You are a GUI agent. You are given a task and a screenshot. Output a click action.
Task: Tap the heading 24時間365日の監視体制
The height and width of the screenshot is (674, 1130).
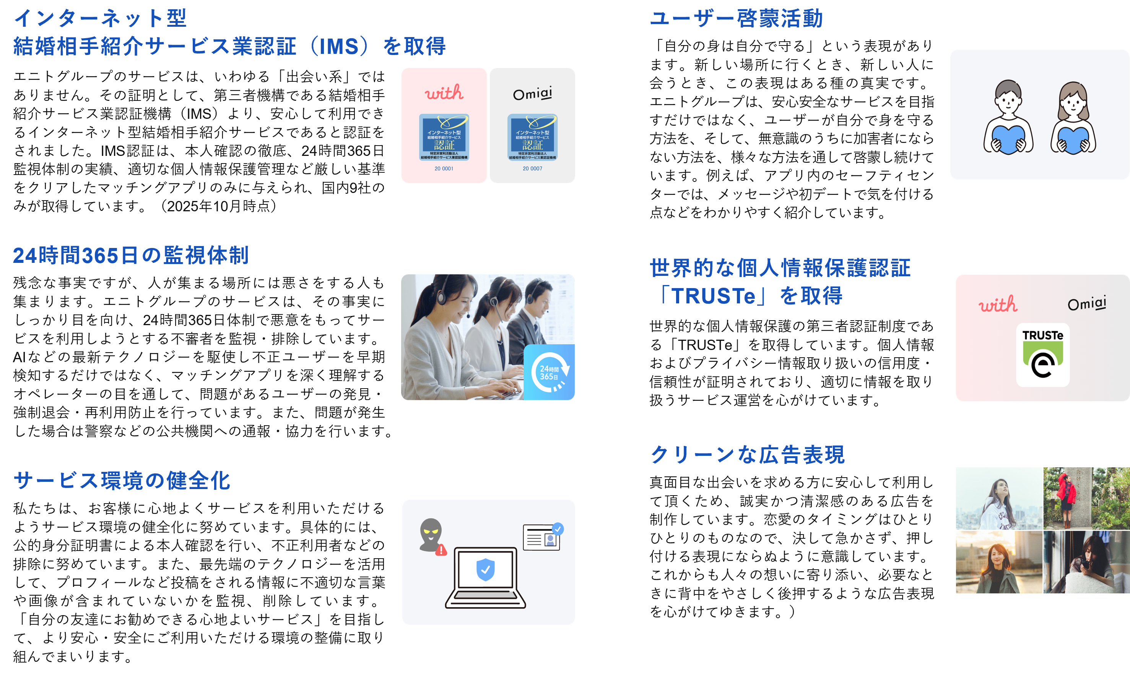coord(131,255)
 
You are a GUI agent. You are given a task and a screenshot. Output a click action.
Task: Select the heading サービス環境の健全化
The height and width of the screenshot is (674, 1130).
coord(122,481)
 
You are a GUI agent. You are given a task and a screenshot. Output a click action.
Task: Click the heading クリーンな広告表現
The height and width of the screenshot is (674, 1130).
coord(747,454)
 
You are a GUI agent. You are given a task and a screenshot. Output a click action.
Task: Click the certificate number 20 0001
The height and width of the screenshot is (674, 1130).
coord(444,168)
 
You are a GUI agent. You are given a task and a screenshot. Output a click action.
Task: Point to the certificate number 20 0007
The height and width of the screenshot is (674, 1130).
coord(532,168)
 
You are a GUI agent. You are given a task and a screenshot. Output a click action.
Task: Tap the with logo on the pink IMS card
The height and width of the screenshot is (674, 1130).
coord(444,92)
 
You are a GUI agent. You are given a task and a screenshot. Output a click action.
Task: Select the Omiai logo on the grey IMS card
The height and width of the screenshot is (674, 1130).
coord(532,94)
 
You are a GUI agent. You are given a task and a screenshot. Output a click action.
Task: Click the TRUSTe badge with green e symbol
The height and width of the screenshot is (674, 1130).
coord(1043,355)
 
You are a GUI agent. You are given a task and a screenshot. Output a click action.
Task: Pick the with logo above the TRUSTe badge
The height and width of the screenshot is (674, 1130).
coord(998,304)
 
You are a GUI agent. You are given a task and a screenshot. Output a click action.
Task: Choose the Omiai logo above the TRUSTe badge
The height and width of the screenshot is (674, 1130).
coord(1087,303)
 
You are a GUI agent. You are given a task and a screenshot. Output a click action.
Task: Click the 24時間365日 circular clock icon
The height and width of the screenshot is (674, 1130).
coord(550,372)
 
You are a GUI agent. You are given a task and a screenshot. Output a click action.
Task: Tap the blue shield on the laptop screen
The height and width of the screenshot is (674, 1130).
coord(485,569)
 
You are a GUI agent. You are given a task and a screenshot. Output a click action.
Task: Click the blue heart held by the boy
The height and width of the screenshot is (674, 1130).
coord(1008,139)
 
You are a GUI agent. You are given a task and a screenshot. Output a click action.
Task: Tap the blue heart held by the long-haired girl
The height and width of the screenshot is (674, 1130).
coord(1073,140)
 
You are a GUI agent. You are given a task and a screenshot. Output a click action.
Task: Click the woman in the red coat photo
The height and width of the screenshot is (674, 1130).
coord(1086,498)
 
